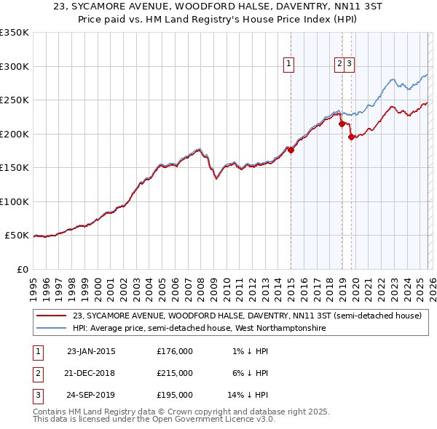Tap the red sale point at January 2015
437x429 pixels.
pyautogui.click(x=291, y=151)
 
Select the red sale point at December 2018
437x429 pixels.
pyautogui.click(x=342, y=124)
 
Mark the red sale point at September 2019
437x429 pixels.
pyautogui.click(x=352, y=137)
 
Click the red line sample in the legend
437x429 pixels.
pyautogui.click(x=52, y=316)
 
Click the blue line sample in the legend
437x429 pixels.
pyautogui.click(x=52, y=329)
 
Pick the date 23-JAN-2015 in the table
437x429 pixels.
pyautogui.click(x=91, y=352)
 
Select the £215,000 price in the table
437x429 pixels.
pyautogui.click(x=175, y=373)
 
